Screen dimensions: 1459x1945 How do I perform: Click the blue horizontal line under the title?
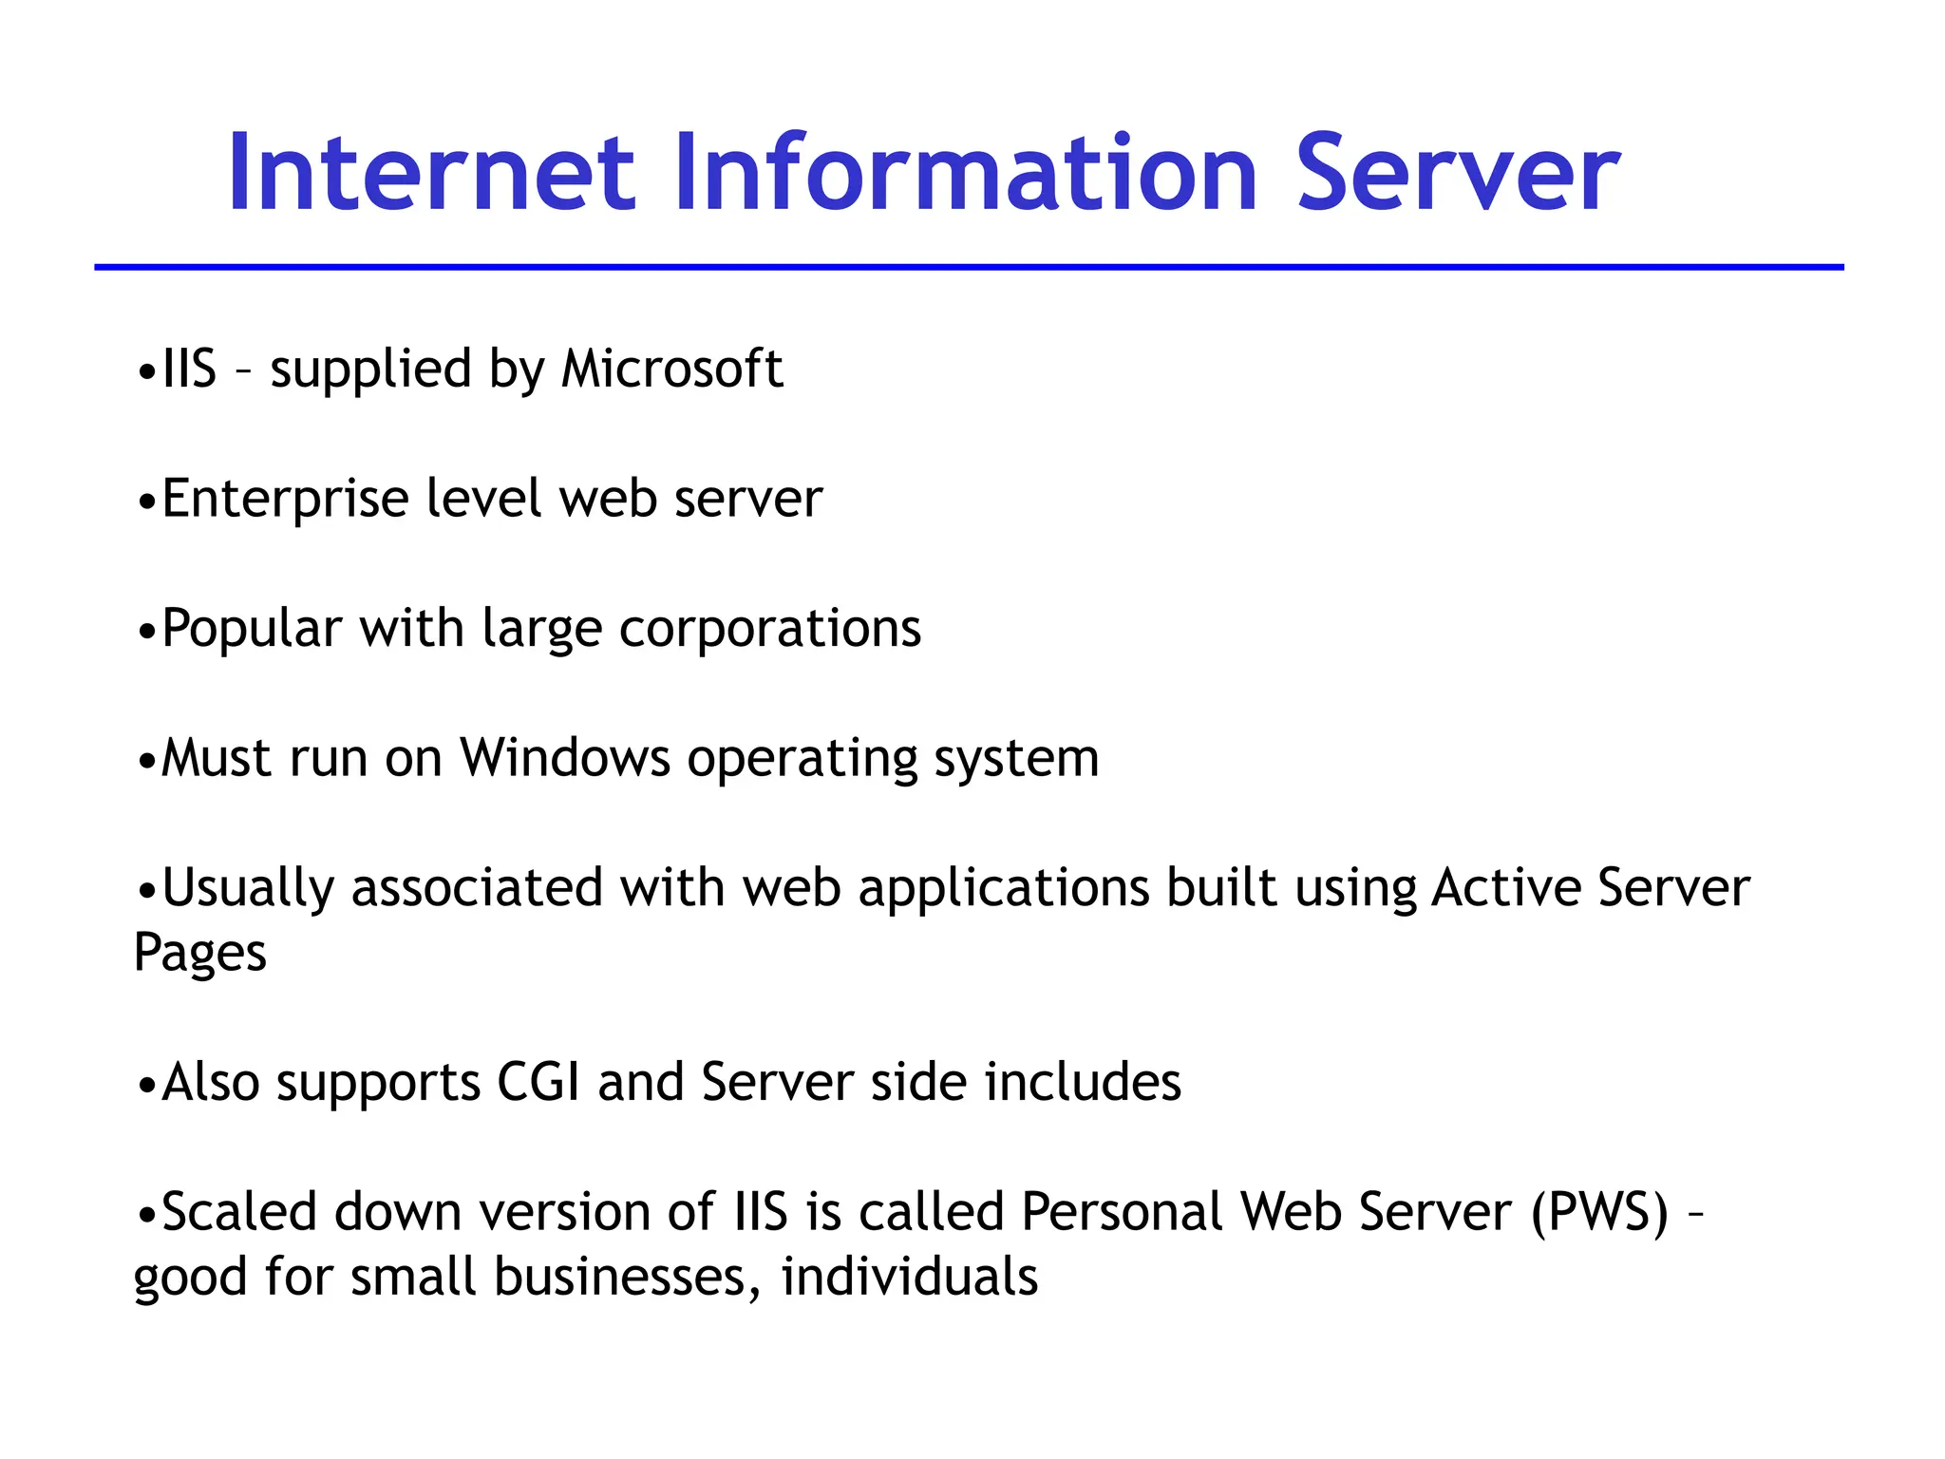tap(969, 268)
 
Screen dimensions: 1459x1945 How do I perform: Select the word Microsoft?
tap(671, 369)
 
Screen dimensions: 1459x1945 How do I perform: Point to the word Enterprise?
tap(285, 500)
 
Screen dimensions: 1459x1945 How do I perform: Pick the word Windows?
tap(565, 758)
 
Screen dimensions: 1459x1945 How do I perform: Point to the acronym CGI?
tap(538, 1083)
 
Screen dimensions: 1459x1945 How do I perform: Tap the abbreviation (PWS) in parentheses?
tap(1599, 1213)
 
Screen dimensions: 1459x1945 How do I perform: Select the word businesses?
tap(627, 1277)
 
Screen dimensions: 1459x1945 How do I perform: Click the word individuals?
tap(909, 1277)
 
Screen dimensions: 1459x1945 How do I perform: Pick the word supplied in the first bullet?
tap(370, 370)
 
